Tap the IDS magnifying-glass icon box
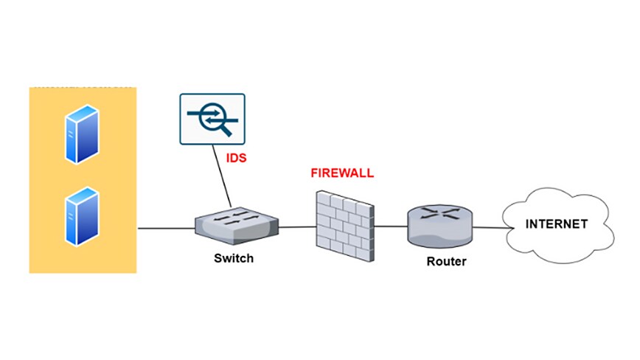click(212, 119)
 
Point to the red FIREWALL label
click(342, 173)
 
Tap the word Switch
click(234, 258)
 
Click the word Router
click(446, 261)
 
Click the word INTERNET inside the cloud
click(557, 224)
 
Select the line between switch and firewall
click(297, 226)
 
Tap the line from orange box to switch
click(166, 228)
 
